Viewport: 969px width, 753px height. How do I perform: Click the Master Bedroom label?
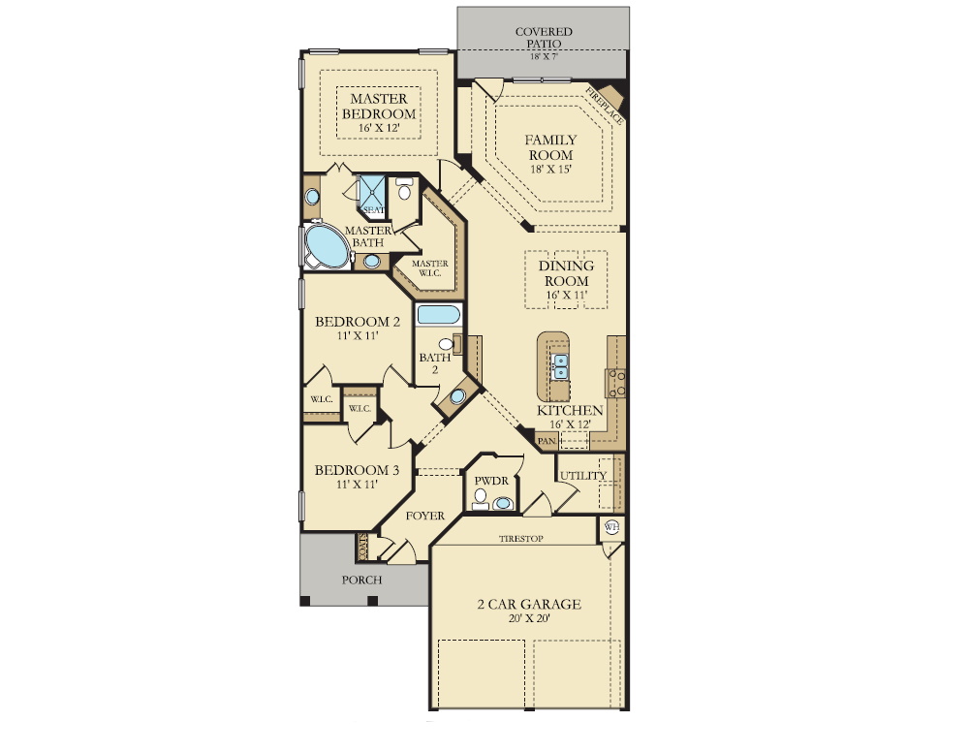point(379,107)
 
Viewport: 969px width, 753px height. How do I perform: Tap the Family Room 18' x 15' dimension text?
point(550,169)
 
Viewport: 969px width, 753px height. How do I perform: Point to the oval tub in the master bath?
point(327,246)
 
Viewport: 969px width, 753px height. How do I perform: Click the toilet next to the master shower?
point(404,189)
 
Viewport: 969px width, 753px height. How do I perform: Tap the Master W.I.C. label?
point(429,267)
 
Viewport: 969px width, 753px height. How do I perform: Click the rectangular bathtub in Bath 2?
point(438,315)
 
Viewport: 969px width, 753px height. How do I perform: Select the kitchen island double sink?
point(560,366)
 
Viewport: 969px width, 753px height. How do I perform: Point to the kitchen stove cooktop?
point(615,384)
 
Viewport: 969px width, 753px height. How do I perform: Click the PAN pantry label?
point(547,441)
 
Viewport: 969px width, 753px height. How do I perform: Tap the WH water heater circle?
point(611,527)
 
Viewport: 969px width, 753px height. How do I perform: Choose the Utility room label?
point(582,476)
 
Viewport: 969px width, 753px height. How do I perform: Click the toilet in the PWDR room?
point(481,498)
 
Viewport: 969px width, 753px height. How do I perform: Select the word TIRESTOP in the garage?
point(521,539)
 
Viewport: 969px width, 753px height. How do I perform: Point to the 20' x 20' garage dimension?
point(529,618)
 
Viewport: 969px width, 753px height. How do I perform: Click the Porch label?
point(361,580)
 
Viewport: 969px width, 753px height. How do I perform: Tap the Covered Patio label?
point(544,38)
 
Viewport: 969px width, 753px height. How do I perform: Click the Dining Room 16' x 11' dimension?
point(566,295)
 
